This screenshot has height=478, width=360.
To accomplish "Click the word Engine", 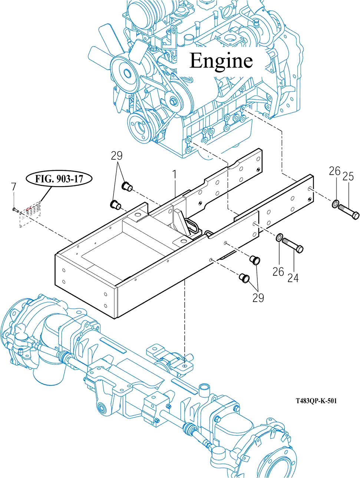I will click(221, 61).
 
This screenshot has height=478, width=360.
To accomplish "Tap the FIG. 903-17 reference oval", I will click(59, 179).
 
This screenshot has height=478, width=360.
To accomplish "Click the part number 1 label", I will click(174, 175).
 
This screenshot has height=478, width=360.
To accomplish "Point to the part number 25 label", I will click(348, 176).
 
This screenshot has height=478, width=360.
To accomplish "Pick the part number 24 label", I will click(293, 278).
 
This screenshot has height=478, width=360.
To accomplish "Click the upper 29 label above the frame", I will click(116, 156).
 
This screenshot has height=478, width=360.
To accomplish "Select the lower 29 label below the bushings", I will click(258, 298).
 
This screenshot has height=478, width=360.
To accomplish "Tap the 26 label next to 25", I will click(334, 171).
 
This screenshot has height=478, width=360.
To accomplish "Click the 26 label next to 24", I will click(278, 272).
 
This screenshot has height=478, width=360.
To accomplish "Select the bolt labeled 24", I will click(293, 245).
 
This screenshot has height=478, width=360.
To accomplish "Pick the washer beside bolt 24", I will click(280, 237).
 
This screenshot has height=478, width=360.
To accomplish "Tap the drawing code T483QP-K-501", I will click(316, 401).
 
